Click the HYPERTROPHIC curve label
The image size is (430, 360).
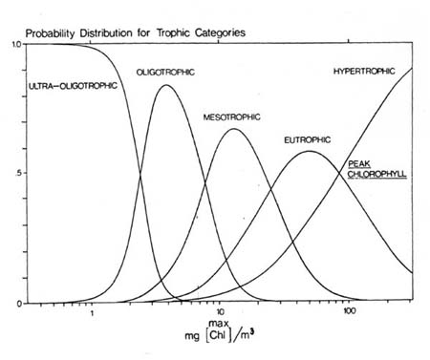[369, 72]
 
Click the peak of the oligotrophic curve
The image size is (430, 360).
[167, 85]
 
